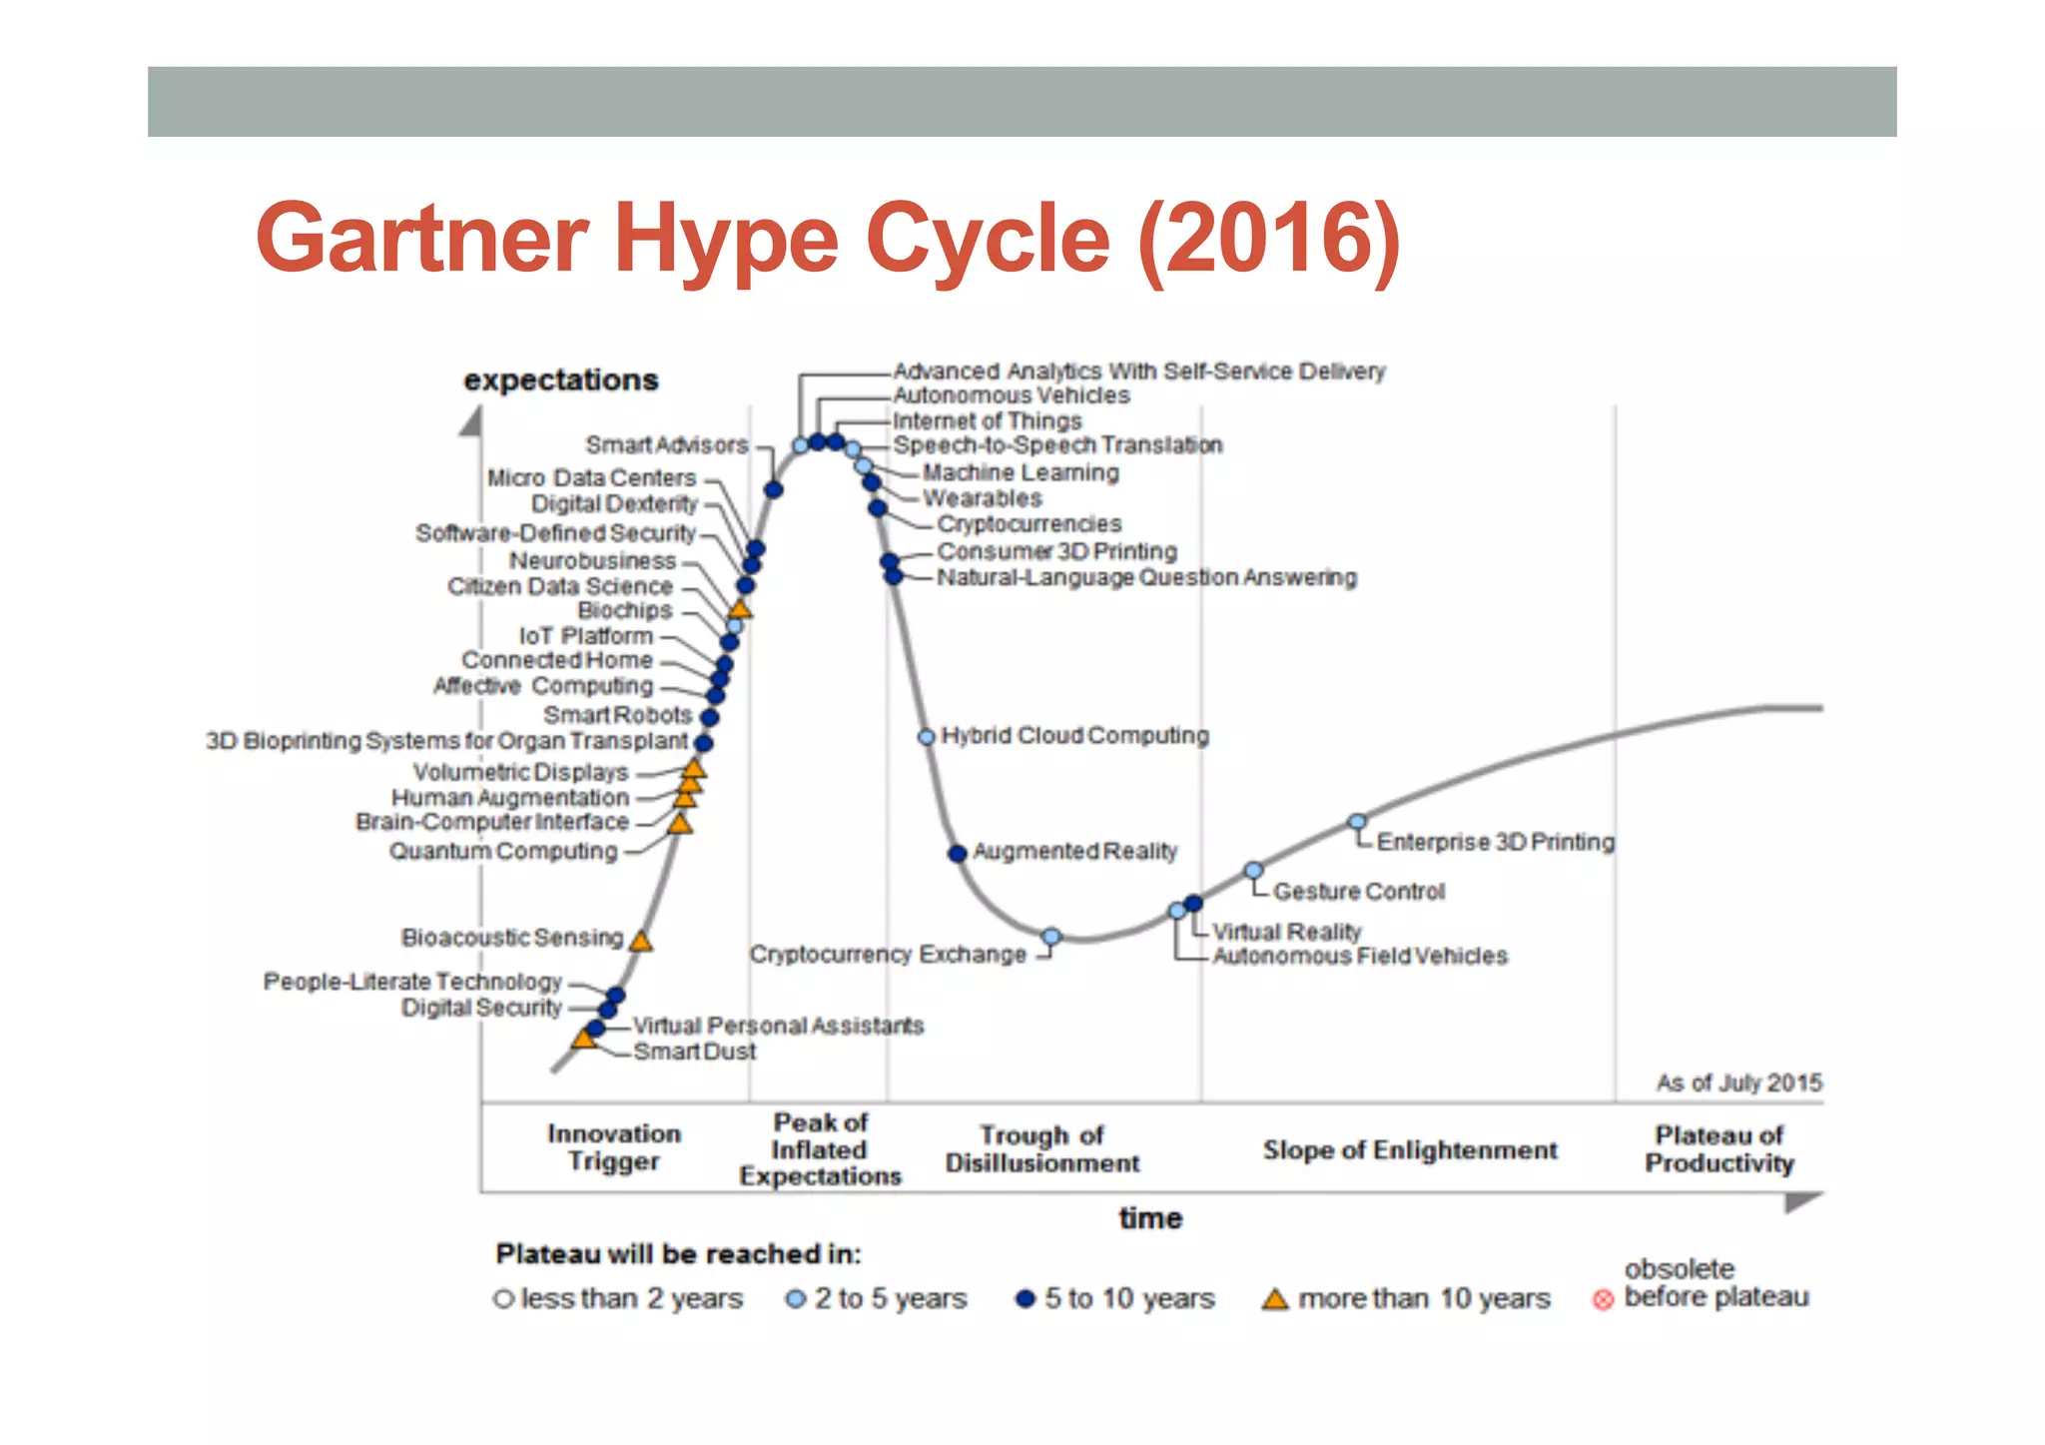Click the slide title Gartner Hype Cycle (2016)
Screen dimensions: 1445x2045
pos(827,239)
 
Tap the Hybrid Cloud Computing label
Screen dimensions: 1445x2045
pos(1074,736)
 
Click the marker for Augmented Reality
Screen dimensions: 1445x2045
pos(957,853)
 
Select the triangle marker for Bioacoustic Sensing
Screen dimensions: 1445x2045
pos(641,941)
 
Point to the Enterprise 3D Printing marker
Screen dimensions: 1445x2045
pos(1356,822)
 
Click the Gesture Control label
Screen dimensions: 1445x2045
pos(1358,891)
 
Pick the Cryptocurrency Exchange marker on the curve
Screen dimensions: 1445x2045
pos(1050,937)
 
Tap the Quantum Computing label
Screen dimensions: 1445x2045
pos(503,851)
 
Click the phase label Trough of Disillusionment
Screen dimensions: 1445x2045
pos(1041,1149)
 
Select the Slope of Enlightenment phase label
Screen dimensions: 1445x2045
pos(1409,1150)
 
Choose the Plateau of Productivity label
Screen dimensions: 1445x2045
pos(1718,1149)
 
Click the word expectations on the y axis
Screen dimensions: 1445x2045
pos(560,380)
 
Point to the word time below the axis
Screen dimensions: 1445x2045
pos(1150,1218)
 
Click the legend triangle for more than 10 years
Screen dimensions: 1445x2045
pos(1274,1299)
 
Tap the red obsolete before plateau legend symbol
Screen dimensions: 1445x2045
pos(1603,1299)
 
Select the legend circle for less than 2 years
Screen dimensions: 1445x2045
pos(503,1299)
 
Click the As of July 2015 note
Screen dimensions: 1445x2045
pos(1738,1083)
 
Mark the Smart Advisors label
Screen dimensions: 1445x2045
pos(666,445)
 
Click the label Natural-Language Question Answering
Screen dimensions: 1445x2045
pos(1146,577)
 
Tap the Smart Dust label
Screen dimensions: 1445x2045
pos(694,1052)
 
